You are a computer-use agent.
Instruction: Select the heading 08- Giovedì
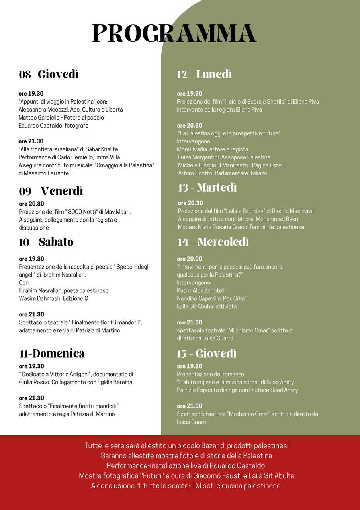(49, 75)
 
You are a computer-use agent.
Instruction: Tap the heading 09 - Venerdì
(51, 191)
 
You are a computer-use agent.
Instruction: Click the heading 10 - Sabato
(46, 242)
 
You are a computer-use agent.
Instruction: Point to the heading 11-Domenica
(52, 354)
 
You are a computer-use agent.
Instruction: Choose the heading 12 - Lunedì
(204, 75)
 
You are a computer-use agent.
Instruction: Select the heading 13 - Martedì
(207, 188)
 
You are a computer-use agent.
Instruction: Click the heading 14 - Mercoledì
(213, 242)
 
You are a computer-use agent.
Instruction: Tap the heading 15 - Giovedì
(207, 354)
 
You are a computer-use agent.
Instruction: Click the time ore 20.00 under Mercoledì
(190, 259)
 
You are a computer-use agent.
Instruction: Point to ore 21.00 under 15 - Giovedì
(190, 406)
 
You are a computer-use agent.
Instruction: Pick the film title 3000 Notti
(86, 212)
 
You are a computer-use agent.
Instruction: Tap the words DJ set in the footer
(203, 486)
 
